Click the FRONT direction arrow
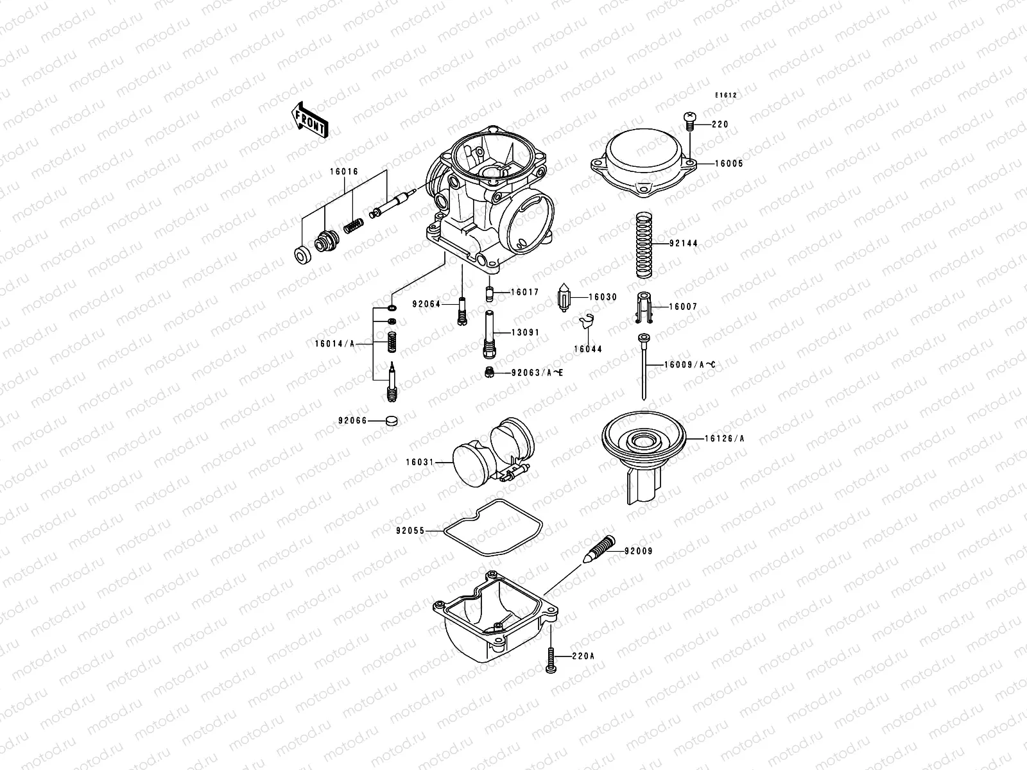309,120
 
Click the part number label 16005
729,164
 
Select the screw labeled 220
689,119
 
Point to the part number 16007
683,307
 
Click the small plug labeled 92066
390,422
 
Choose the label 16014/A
334,344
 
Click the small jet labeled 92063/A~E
488,372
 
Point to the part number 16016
344,172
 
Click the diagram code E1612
727,96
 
